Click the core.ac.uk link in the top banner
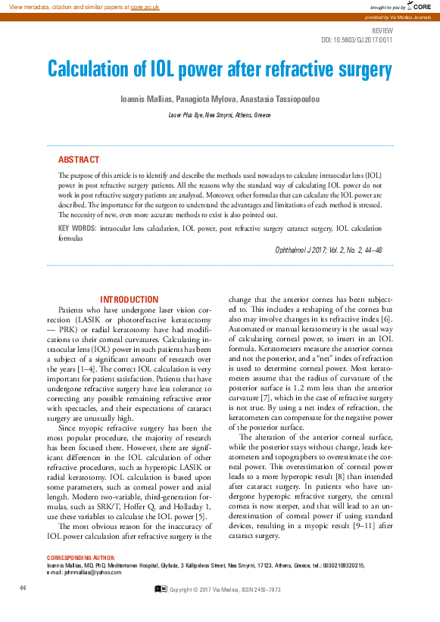tap(145, 7)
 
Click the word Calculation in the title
tap(96, 70)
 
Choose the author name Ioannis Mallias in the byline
tap(145, 99)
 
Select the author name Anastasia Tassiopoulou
tap(282, 99)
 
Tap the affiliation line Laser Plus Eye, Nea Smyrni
tap(220, 115)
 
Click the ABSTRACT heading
tap(79, 160)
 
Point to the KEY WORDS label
tap(76, 227)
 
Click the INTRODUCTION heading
tap(130, 300)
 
